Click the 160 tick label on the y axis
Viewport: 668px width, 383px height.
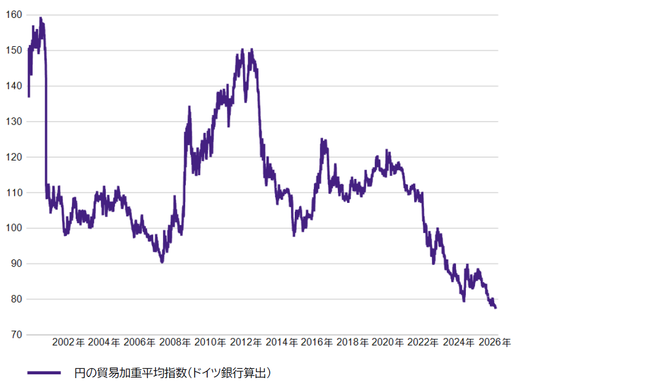14,15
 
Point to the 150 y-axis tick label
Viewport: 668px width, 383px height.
14,50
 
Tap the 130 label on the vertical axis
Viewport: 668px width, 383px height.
14,121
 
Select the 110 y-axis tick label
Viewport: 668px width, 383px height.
14,193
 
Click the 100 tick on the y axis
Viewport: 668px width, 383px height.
14,228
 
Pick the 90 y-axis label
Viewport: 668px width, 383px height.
16,264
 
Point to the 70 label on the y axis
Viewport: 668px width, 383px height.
16,335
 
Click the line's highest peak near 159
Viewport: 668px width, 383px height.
40,18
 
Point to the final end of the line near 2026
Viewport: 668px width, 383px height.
495,308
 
